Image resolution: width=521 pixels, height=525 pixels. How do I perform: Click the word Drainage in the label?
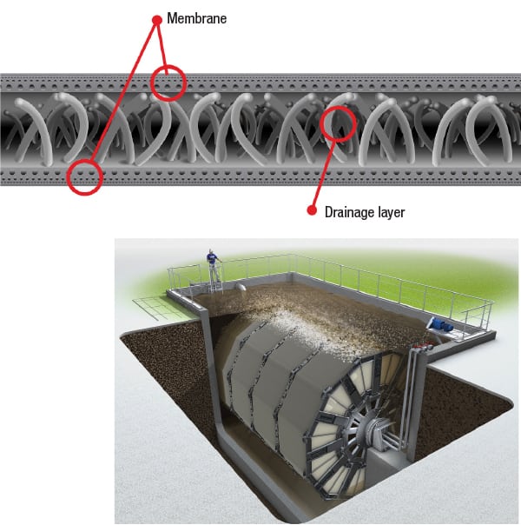tap(348, 210)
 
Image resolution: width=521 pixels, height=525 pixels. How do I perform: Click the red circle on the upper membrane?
tap(168, 82)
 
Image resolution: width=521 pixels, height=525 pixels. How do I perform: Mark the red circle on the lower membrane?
tap(84, 176)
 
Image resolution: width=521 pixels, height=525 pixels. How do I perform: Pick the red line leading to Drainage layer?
tap(325, 169)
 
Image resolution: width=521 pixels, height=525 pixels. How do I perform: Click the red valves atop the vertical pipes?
tap(422, 347)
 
